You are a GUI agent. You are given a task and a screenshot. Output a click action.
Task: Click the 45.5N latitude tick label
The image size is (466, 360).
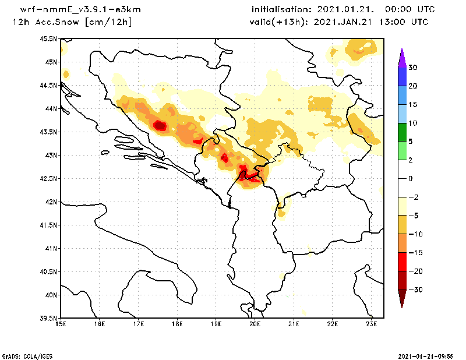[x=48, y=38]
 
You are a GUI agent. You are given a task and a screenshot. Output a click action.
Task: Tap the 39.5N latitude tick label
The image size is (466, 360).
[x=48, y=318]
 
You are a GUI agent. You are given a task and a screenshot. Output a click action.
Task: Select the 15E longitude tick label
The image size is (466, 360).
[x=60, y=324]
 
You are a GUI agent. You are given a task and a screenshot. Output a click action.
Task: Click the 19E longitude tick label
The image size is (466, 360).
[x=216, y=324]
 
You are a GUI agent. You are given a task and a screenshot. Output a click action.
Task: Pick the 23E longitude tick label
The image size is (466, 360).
[x=372, y=324]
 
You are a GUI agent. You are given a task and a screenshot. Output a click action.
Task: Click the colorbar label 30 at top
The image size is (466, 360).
[x=412, y=68]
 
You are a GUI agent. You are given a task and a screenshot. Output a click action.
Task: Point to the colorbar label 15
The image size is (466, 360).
[x=412, y=104]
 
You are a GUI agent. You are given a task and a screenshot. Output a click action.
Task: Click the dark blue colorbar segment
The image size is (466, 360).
[x=401, y=77]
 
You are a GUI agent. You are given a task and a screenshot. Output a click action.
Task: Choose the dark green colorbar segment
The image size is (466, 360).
[x=401, y=132]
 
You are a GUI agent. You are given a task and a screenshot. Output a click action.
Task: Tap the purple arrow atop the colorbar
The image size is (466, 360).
[x=401, y=58]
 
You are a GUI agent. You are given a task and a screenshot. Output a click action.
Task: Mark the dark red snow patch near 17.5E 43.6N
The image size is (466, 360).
[x=160, y=125]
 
